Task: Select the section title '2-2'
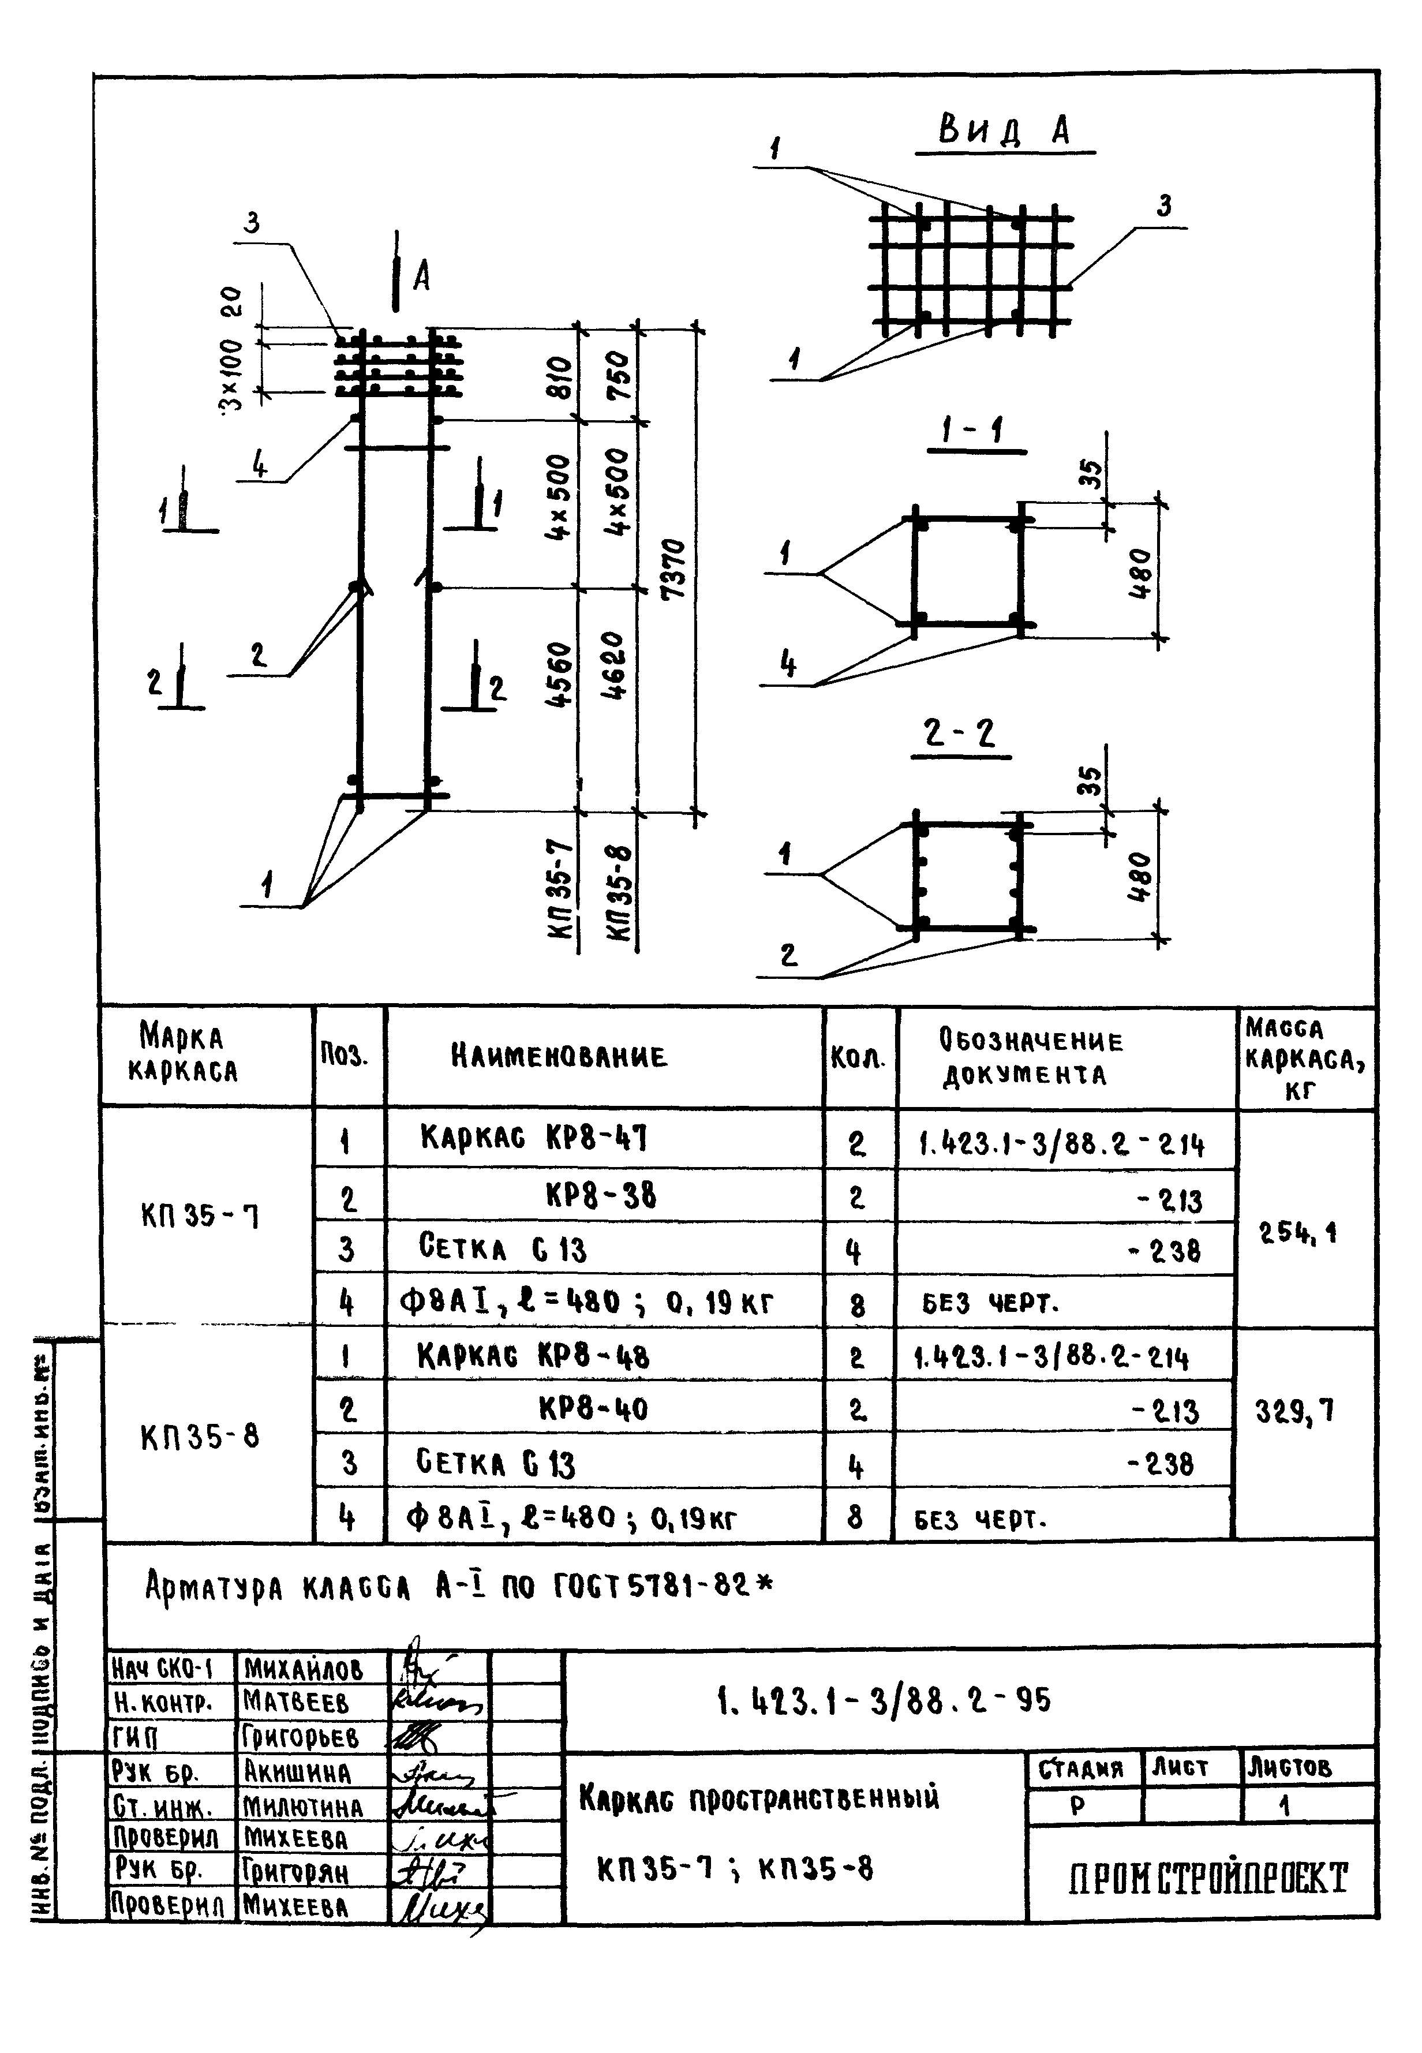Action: click(960, 734)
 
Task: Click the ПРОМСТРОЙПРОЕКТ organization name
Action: click(1208, 1878)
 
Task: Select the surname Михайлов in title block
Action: click(303, 1668)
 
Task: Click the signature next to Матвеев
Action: click(436, 1703)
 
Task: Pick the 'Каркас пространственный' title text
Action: click(759, 1797)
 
